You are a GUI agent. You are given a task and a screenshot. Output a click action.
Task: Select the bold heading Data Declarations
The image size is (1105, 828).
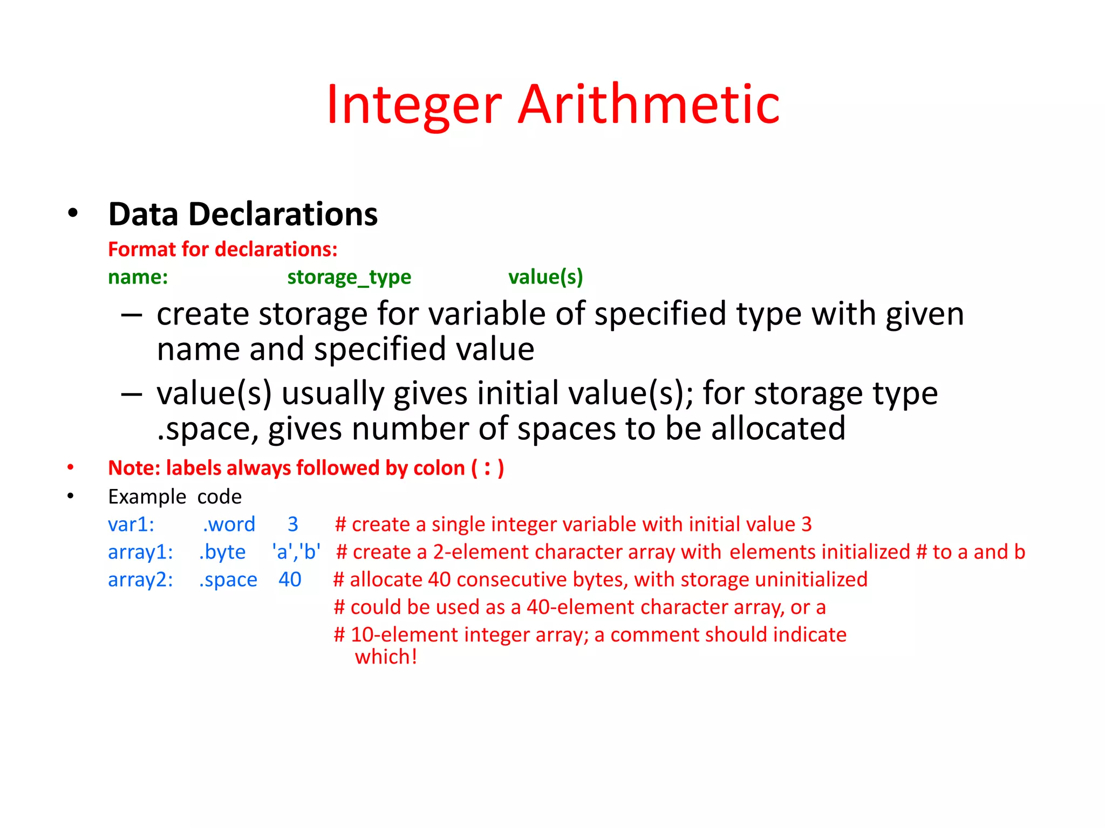[x=243, y=214]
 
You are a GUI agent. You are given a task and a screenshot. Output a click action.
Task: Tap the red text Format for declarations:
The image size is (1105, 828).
[x=222, y=250]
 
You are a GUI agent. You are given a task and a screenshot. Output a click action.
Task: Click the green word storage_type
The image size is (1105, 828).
[x=349, y=277]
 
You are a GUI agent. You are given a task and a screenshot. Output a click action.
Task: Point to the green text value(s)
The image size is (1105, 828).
[x=545, y=277]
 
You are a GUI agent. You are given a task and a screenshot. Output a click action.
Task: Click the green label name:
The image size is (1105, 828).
[x=138, y=277]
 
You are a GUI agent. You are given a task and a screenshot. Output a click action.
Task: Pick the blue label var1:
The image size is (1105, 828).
[x=131, y=525]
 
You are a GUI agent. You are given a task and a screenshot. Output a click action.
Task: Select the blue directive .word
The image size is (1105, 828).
[x=229, y=525]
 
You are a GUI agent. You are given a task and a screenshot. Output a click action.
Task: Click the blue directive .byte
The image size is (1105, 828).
[x=222, y=552]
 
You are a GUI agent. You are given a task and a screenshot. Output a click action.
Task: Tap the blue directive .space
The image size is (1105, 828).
[x=228, y=580]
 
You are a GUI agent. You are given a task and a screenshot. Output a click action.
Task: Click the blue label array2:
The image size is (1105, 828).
[x=140, y=580]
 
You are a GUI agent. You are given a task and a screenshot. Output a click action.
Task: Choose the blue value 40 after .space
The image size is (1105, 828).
[x=290, y=580]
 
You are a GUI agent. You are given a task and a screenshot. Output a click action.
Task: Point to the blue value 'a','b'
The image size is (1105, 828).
[x=296, y=552]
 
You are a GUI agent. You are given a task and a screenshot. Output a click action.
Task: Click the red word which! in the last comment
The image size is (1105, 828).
[x=386, y=657]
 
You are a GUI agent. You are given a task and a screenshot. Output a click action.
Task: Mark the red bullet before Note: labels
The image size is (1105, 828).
[x=71, y=468]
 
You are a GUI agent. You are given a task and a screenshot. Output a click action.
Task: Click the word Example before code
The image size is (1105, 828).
[x=147, y=497]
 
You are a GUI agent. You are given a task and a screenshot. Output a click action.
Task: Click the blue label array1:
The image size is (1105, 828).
[x=140, y=552]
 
